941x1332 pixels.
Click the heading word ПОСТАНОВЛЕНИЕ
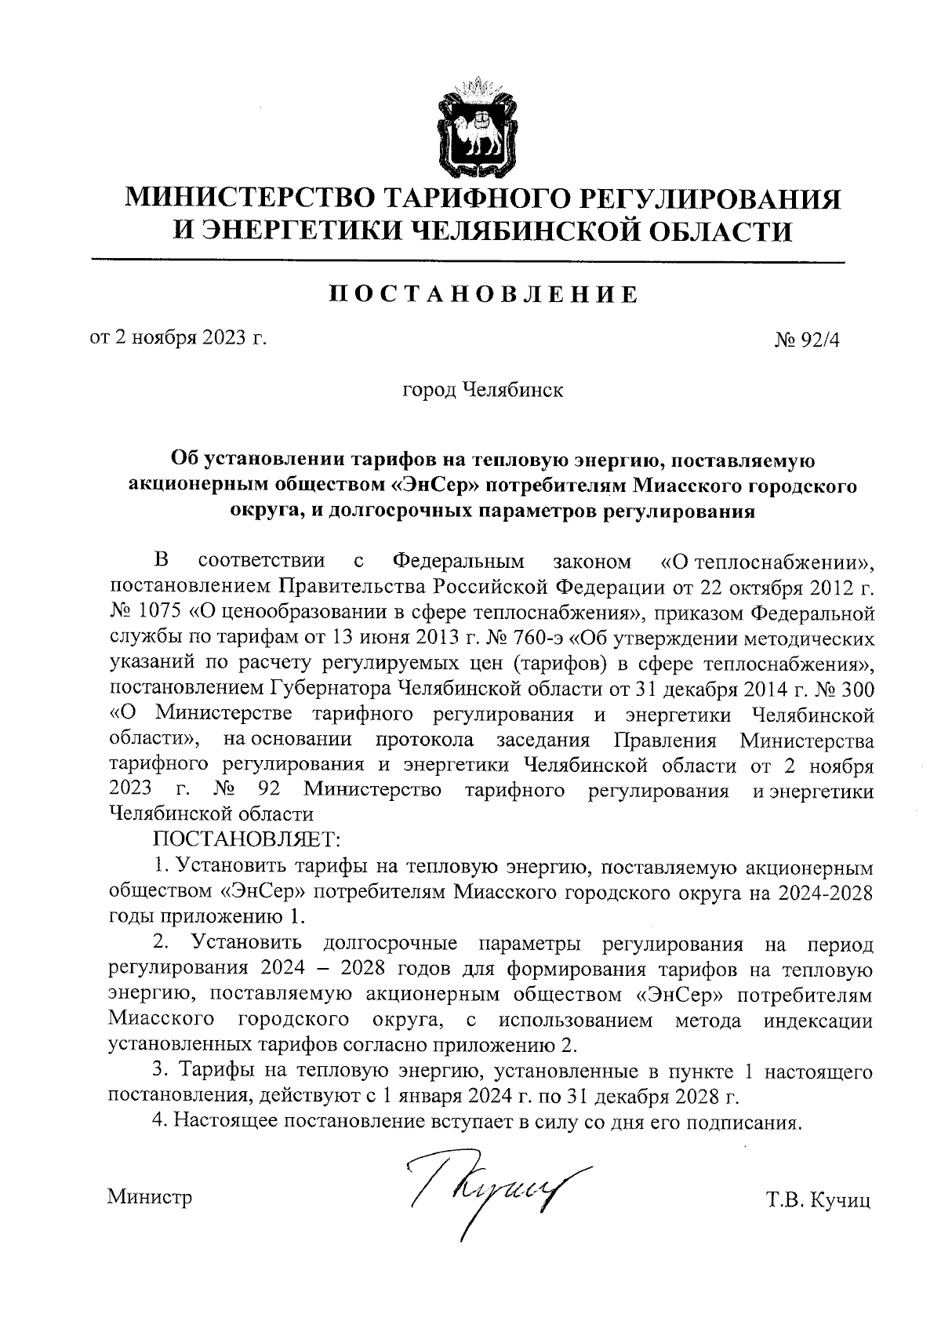[x=482, y=296]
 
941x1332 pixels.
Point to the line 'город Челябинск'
[x=482, y=390]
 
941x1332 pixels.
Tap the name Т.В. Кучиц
[x=819, y=1201]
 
